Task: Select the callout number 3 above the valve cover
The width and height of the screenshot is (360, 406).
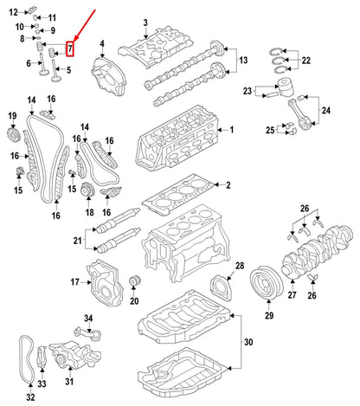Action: (x=145, y=22)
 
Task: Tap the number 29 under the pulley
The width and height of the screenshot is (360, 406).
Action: (x=268, y=316)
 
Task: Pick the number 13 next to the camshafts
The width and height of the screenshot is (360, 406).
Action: (x=244, y=60)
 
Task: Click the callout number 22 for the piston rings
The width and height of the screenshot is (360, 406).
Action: (x=305, y=60)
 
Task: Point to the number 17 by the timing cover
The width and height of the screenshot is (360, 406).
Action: (x=74, y=281)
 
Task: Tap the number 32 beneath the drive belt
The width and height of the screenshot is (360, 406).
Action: (x=30, y=397)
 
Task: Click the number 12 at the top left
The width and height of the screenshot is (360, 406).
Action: (x=14, y=11)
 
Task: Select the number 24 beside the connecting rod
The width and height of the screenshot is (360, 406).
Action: (x=325, y=110)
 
